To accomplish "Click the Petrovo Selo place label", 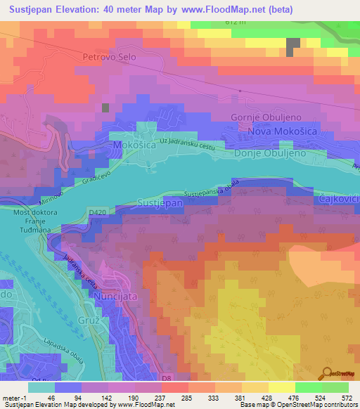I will pos(108,56).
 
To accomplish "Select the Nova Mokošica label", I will pos(274,131).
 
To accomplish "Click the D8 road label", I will pos(166,378).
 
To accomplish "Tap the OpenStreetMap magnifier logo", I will pos(327,373).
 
